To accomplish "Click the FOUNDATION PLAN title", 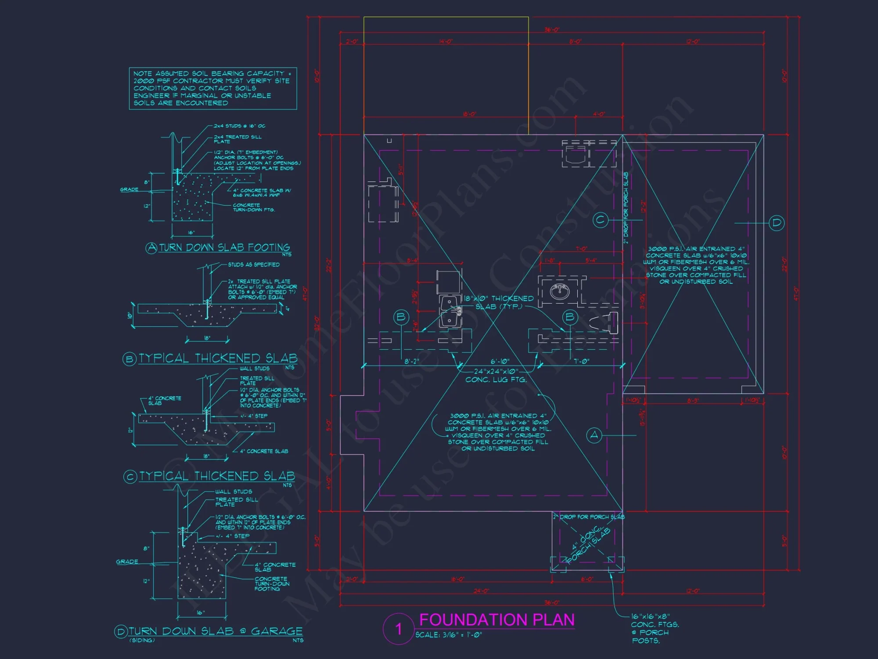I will pyautogui.click(x=497, y=619).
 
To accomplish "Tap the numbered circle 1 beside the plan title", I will pyautogui.click(x=399, y=629).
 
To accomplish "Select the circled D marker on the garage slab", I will pyautogui.click(x=777, y=223).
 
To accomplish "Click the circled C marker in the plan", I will pyautogui.click(x=600, y=220).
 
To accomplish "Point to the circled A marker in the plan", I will pyautogui.click(x=594, y=435).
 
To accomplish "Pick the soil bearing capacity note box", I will pyautogui.click(x=213, y=88).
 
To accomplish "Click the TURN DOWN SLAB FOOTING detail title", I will pyautogui.click(x=224, y=247).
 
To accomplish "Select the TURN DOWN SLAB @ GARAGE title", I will pyautogui.click(x=215, y=631).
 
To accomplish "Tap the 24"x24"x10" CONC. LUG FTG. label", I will pyautogui.click(x=496, y=375).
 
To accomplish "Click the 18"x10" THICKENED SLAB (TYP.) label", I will pyautogui.click(x=499, y=302).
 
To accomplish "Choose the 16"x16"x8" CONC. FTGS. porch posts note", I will pyautogui.click(x=655, y=629).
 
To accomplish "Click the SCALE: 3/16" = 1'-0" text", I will pyautogui.click(x=448, y=635).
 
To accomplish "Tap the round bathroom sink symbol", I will pyautogui.click(x=559, y=291).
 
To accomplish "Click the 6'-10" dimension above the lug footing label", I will pyautogui.click(x=500, y=361).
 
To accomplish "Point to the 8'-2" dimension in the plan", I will pyautogui.click(x=412, y=361).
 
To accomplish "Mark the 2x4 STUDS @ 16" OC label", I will pyautogui.click(x=240, y=126).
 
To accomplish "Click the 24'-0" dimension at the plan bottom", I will pyautogui.click(x=481, y=591).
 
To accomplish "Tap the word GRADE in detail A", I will pyautogui.click(x=129, y=189).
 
